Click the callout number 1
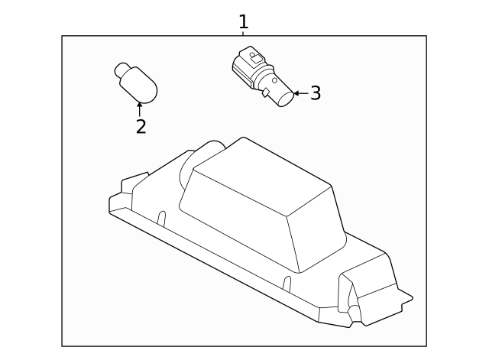coord(243,21)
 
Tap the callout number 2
coord(141,126)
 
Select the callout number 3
coord(315,93)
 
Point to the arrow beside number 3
coord(300,93)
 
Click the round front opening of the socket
coord(283,97)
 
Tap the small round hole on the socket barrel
coord(274,79)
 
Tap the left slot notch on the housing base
coord(160,218)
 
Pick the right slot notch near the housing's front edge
coord(287,284)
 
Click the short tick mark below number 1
coord(243,33)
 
